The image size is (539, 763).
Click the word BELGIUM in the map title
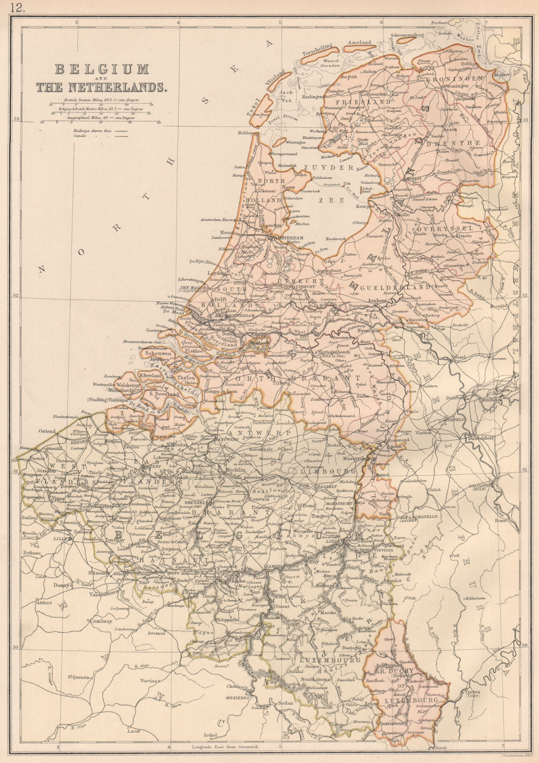coord(101,70)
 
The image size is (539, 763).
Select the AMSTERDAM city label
coord(289,238)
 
